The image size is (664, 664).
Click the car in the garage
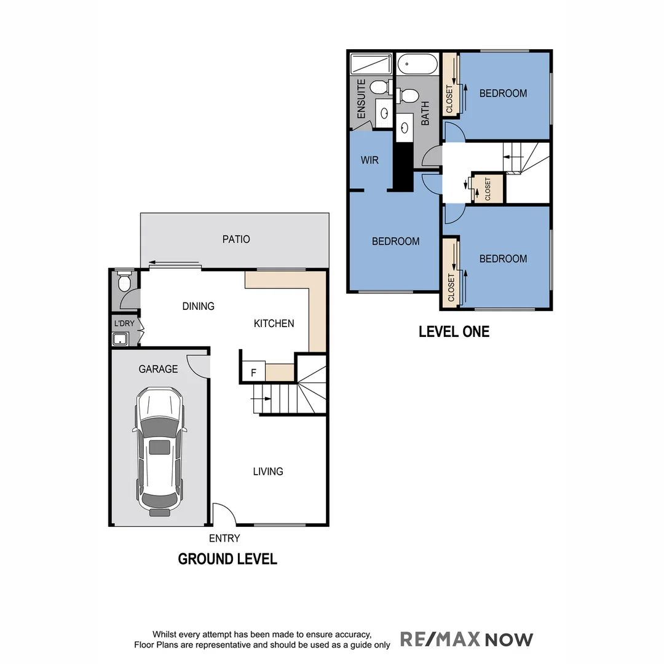click(159, 451)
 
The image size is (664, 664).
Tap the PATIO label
click(236, 239)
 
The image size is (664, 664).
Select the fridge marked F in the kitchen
click(253, 373)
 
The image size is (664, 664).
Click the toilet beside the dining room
click(124, 283)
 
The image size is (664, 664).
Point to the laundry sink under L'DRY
click(120, 339)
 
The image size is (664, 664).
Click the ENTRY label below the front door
click(224, 539)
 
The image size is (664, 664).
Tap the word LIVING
click(268, 472)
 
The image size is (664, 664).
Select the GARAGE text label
click(158, 369)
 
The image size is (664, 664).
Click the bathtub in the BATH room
click(417, 63)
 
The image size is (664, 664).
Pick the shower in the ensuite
click(371, 64)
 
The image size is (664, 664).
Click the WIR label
click(370, 160)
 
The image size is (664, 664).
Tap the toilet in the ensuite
click(381, 87)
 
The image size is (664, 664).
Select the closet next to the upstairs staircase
click(488, 188)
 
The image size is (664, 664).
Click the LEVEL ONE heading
click(454, 332)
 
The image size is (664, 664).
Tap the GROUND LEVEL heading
click(227, 559)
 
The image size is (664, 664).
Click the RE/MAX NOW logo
click(467, 639)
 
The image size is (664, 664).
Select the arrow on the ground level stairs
click(261, 398)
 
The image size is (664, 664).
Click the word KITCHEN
click(274, 323)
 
